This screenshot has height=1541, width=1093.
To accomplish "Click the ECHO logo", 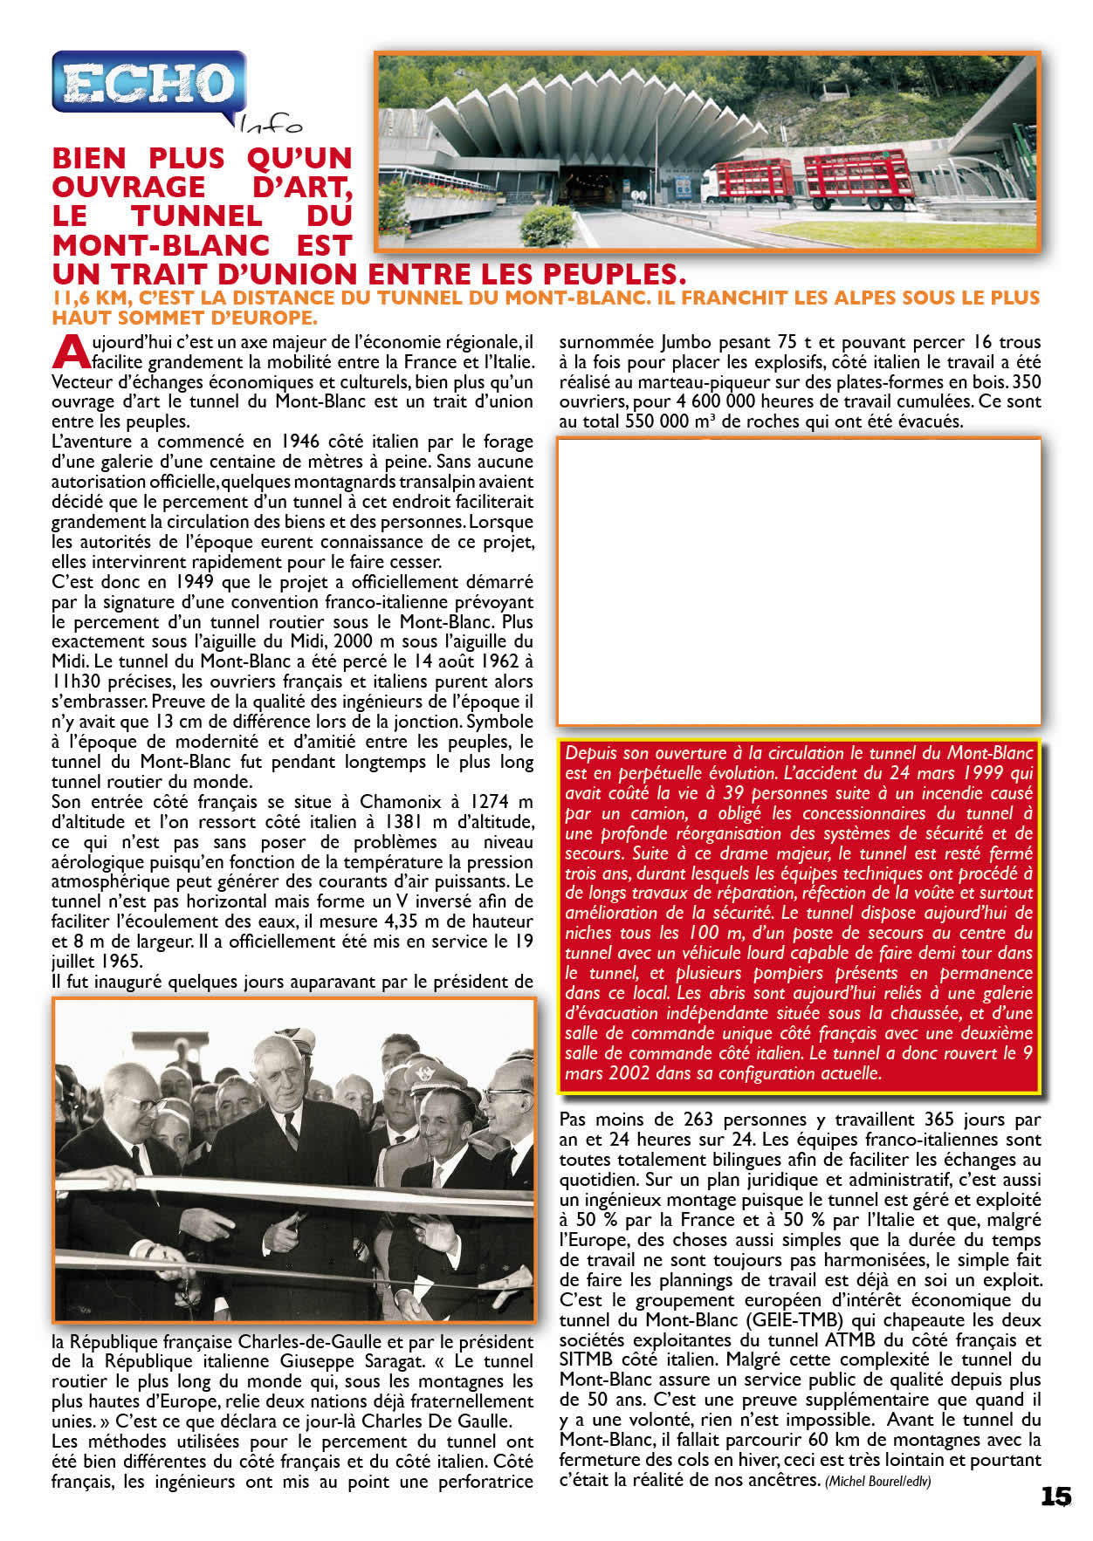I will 147,83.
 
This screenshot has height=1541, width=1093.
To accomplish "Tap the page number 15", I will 1055,1496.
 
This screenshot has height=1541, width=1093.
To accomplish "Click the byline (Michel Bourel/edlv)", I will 877,1482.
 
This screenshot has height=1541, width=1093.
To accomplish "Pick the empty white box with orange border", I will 799,582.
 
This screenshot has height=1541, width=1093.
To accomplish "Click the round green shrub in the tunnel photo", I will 546,224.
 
